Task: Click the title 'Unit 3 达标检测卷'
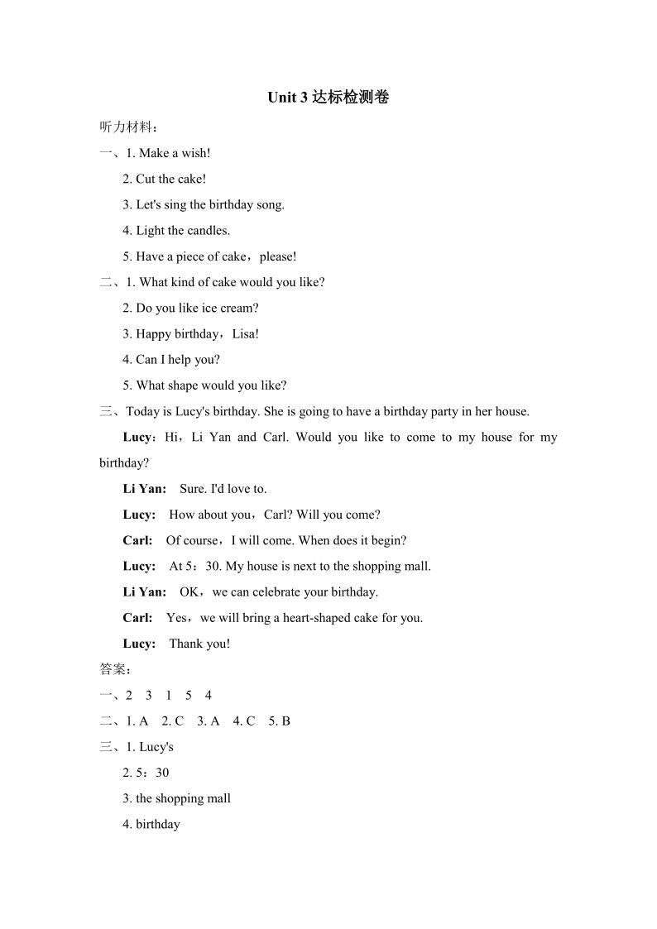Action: click(328, 98)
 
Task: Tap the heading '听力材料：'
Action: click(128, 127)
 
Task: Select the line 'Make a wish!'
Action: click(175, 153)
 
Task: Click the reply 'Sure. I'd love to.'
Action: click(223, 489)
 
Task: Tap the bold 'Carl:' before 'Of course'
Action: click(137, 541)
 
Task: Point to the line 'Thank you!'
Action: click(199, 644)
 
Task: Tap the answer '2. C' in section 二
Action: click(173, 721)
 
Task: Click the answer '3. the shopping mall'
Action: click(176, 799)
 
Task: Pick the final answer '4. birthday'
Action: click(151, 825)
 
